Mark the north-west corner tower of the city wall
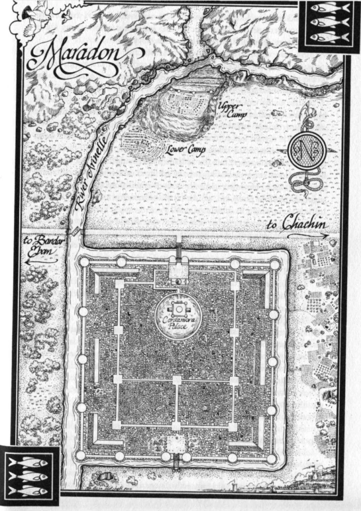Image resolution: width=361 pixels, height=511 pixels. pyautogui.click(x=84, y=263)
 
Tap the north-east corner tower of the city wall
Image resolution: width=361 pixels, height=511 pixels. pyautogui.click(x=274, y=264)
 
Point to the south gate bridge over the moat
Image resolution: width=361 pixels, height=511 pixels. pyautogui.click(x=176, y=465)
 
